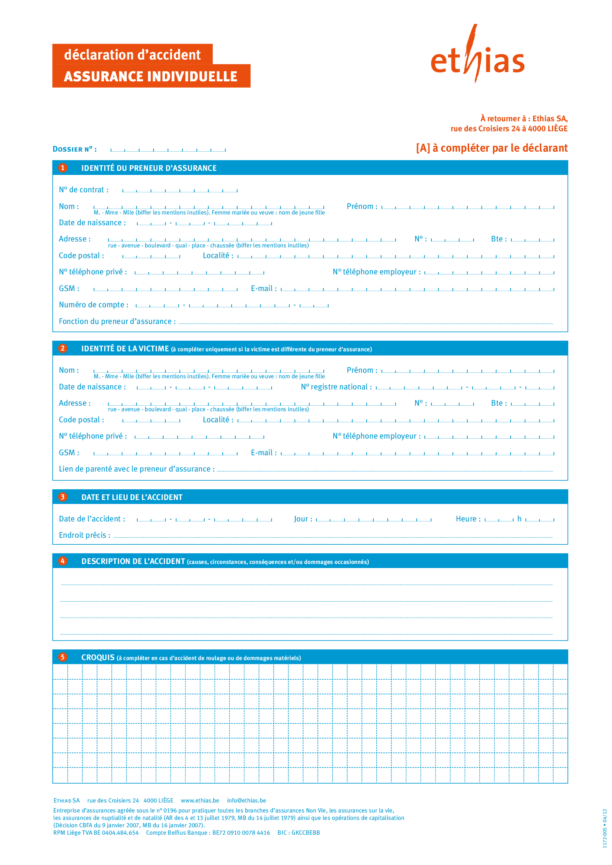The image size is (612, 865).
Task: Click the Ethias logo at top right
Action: click(477, 57)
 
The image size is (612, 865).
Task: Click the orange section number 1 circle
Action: click(63, 168)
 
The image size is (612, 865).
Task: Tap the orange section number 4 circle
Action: click(63, 561)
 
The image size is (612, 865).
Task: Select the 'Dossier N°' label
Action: click(75, 149)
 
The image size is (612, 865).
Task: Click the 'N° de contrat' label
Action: click(84, 190)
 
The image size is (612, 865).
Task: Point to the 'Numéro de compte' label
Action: click(94, 305)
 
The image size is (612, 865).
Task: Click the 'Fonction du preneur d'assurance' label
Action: click(117, 321)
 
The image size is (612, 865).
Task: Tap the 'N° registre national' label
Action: click(336, 387)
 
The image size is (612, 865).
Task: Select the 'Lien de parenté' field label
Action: click(137, 469)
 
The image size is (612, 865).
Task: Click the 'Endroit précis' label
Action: click(84, 535)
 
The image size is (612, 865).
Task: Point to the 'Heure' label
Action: click(468, 519)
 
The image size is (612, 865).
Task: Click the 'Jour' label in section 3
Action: click(303, 519)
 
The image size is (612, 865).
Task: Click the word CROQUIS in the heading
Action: click(98, 658)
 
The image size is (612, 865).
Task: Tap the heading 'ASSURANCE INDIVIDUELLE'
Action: click(150, 77)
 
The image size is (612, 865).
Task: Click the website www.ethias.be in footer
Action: click(200, 801)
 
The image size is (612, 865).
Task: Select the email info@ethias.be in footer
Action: click(246, 801)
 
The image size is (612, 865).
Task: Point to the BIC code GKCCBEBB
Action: click(305, 832)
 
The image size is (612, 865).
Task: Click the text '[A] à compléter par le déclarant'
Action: click(492, 148)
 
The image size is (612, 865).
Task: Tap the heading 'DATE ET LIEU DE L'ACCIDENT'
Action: click(132, 497)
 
